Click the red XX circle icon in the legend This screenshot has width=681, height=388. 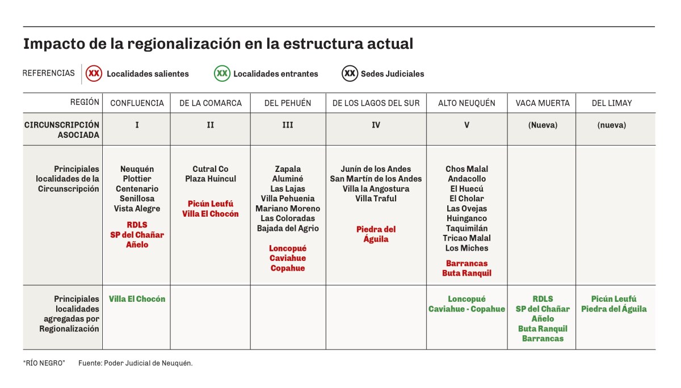95,73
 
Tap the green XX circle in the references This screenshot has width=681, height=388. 222,73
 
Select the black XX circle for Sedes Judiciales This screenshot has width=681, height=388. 350,73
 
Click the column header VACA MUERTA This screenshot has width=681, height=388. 541,103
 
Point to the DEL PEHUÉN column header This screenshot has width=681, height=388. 288,103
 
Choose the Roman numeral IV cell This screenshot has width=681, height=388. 376,125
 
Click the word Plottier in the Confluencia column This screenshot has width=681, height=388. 137,179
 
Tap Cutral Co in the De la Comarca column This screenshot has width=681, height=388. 211,169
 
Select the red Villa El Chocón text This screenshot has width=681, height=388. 211,214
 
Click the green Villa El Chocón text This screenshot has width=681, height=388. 137,299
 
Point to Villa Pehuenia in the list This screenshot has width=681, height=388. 288,199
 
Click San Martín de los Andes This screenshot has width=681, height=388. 376,179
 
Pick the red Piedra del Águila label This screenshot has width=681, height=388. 376,234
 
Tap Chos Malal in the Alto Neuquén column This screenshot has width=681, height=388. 466,169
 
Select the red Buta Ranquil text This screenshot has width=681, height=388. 466,273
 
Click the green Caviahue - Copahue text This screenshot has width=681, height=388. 466,309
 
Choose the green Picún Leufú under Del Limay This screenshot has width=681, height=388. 613,299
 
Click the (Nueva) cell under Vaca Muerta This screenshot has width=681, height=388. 541,125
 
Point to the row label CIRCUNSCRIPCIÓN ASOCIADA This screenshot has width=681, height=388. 62,130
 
